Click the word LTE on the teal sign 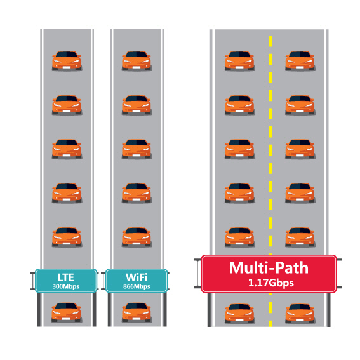point(66,277)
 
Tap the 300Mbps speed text point(66,286)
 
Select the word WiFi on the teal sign point(137,277)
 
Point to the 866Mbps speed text point(137,286)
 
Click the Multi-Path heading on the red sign point(269,268)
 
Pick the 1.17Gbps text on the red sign point(271,283)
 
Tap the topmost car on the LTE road point(67,61)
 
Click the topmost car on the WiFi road point(137,61)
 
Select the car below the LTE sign point(67,312)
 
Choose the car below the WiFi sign point(137,312)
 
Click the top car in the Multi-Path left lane point(240,61)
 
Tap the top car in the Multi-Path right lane point(300,61)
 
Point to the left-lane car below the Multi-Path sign point(240,314)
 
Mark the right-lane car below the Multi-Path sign point(300,314)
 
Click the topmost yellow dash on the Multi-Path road point(270,41)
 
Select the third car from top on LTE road point(67,149)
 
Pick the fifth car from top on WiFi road point(137,237)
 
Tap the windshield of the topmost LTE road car point(67,55)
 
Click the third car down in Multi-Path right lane point(300,149)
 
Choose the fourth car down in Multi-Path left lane point(240,193)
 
